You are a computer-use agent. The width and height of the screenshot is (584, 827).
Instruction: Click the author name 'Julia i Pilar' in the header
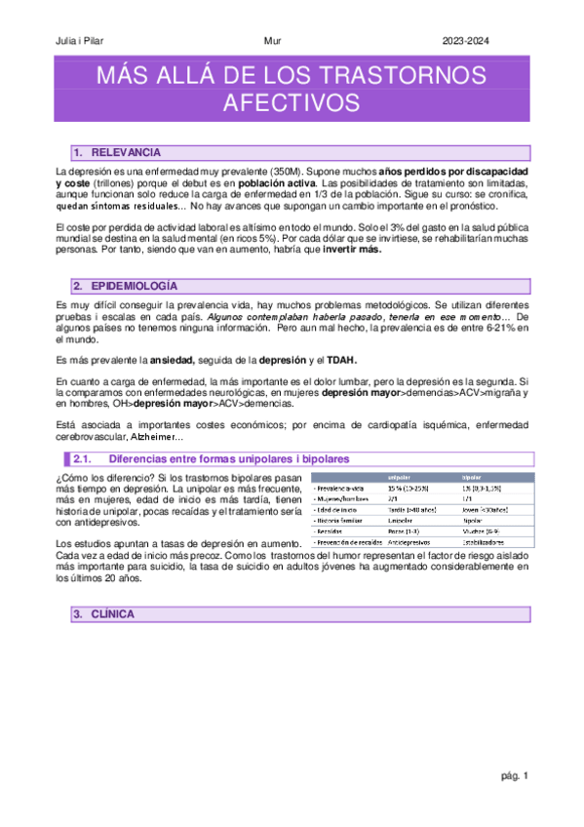point(76,40)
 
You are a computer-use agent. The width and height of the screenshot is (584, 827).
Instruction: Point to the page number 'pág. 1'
point(513,776)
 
